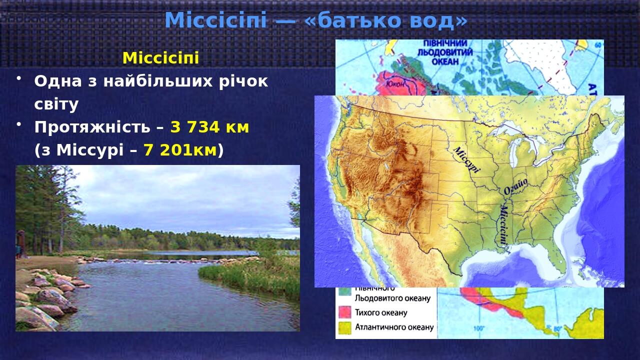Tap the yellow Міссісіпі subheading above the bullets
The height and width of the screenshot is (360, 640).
160,58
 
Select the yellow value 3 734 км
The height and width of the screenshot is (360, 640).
209,127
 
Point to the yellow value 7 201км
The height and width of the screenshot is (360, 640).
180,150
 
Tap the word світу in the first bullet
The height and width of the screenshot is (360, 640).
56,104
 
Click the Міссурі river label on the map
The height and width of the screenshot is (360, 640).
466,159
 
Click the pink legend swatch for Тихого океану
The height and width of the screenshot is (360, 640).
344,313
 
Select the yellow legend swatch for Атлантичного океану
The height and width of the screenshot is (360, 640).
344,328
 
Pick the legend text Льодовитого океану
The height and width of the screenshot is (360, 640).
392,298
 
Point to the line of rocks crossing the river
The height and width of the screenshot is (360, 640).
150,260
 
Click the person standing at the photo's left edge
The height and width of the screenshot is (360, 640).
20,243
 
